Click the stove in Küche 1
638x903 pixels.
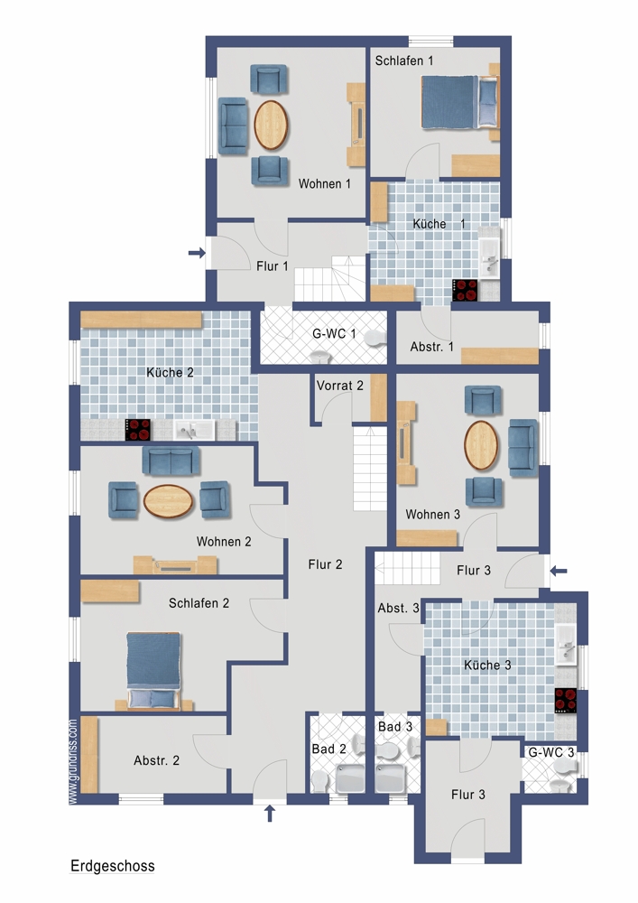[465, 290]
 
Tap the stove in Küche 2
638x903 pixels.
[138, 430]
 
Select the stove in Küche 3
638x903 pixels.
[566, 701]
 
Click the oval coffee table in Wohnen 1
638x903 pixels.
[271, 125]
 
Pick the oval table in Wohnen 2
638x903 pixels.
[168, 501]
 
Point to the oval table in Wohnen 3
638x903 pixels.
[481, 445]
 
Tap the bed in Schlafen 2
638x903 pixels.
[153, 670]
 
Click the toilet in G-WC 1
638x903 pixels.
[375, 338]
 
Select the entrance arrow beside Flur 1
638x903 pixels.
[197, 252]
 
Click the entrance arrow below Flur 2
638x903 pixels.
[269, 814]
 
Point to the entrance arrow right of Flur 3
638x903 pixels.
[559, 571]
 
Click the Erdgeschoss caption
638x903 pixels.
[113, 866]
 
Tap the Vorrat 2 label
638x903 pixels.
[340, 386]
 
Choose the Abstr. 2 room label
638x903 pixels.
[156, 760]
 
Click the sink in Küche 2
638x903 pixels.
[195, 430]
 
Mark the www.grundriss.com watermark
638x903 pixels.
[73, 761]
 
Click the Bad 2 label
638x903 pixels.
[329, 749]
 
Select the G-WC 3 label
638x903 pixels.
[551, 752]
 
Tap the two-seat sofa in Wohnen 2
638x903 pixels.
[171, 461]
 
